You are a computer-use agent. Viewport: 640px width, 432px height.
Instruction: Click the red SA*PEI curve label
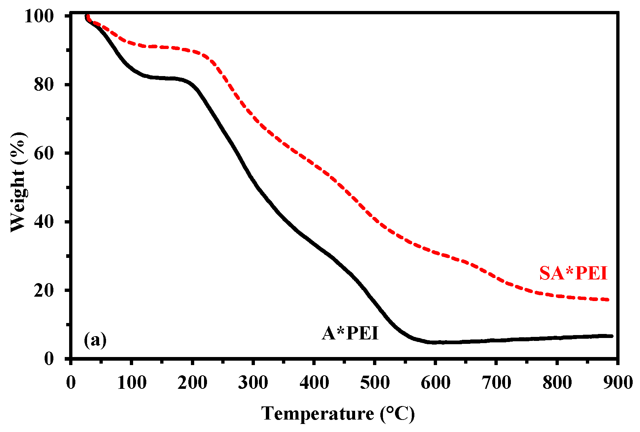coord(573,273)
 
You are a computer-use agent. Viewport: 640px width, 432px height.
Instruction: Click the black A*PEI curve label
coord(350,333)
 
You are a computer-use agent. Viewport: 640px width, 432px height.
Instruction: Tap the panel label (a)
coord(95,340)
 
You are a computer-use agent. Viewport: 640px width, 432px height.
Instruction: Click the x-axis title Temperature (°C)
coord(338,414)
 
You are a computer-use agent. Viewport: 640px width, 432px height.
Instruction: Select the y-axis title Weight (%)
coord(18,182)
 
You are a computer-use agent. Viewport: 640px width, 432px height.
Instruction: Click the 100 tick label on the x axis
coord(132,383)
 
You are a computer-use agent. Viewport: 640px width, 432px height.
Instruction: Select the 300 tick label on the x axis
coord(253,383)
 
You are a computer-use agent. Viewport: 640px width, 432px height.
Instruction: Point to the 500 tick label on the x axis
coord(374,383)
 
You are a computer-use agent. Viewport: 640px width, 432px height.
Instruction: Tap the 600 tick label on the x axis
coord(435,383)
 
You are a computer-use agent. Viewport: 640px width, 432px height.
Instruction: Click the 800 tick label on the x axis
coord(557,383)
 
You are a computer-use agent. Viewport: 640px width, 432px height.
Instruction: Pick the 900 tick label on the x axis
coord(617,383)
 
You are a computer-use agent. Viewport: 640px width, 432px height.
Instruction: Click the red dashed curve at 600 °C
coord(435,252)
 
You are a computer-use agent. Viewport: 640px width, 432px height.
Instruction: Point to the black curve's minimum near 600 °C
coord(435,342)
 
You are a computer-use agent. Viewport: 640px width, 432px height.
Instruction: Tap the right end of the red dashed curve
coord(608,300)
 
